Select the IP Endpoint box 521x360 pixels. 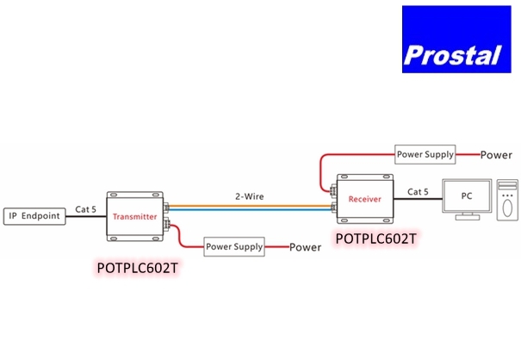[x=34, y=215]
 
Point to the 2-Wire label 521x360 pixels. [x=250, y=196]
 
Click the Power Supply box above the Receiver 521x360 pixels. [x=425, y=155]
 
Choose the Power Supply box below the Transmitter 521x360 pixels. [x=233, y=247]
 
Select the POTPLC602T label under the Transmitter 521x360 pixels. [x=138, y=268]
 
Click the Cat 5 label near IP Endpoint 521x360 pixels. [x=86, y=208]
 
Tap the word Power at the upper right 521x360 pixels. [x=496, y=156]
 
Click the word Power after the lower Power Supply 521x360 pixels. [x=305, y=248]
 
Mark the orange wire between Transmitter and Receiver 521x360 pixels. [x=250, y=204]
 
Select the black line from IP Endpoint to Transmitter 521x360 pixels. [x=86, y=216]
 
